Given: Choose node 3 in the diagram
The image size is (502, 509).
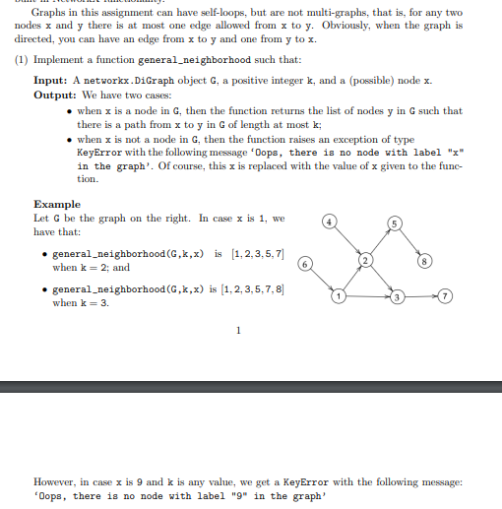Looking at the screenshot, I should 398,297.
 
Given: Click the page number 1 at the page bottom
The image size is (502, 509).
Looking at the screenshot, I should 237,331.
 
